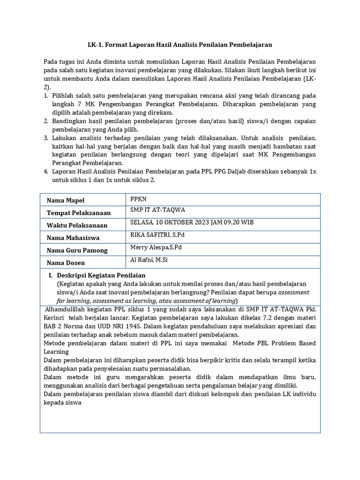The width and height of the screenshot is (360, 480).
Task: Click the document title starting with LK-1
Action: [180, 45]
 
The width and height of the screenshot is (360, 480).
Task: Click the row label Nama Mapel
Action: [65, 201]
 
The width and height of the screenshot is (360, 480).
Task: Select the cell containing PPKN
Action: [138, 199]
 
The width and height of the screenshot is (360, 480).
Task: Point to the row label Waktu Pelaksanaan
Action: [77, 225]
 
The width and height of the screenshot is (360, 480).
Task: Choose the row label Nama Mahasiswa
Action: [73, 238]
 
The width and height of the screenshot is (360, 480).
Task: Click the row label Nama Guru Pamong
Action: [77, 250]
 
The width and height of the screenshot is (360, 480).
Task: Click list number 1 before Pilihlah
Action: [46, 96]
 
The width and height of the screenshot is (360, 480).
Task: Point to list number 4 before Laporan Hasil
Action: [46, 172]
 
